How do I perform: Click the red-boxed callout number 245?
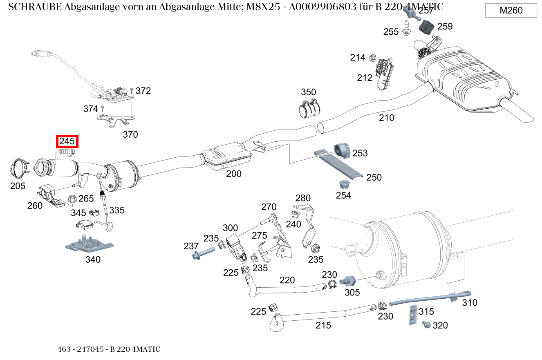[67, 142]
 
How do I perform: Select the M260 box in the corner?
[511, 11]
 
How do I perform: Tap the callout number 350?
[309, 92]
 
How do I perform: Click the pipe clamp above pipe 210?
[309, 108]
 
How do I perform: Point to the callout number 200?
[234, 174]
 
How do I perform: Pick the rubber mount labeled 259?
[427, 28]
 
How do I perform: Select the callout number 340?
[93, 259]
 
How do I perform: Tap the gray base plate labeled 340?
[90, 244]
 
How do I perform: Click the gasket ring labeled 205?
[18, 169]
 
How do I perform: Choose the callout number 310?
[470, 303]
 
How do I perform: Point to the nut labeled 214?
[372, 58]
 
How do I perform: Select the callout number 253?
[360, 153]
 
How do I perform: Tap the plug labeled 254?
[343, 185]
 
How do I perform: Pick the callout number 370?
[130, 134]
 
